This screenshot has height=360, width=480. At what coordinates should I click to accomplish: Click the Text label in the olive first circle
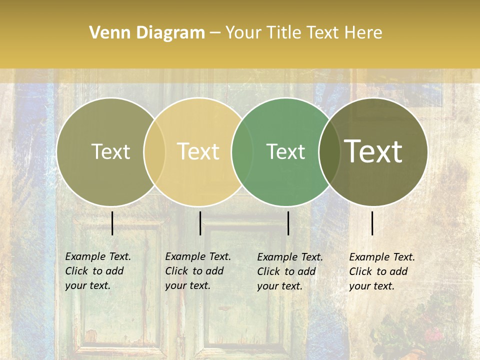[110, 151]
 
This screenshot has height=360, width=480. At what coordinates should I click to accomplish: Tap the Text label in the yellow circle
[198, 151]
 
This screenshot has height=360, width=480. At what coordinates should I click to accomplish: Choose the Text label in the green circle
[285, 151]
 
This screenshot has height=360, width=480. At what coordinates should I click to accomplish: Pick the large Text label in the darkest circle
[373, 151]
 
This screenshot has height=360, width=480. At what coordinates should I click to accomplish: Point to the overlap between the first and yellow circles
[154, 152]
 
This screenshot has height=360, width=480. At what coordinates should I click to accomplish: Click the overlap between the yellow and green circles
[242, 152]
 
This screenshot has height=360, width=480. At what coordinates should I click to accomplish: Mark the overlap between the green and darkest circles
[329, 152]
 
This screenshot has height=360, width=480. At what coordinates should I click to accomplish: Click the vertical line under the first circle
[112, 223]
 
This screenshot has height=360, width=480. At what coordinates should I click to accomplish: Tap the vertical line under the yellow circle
[200, 223]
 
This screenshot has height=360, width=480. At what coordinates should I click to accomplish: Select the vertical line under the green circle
[288, 223]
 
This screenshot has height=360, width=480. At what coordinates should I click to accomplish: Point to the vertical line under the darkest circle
[372, 223]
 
